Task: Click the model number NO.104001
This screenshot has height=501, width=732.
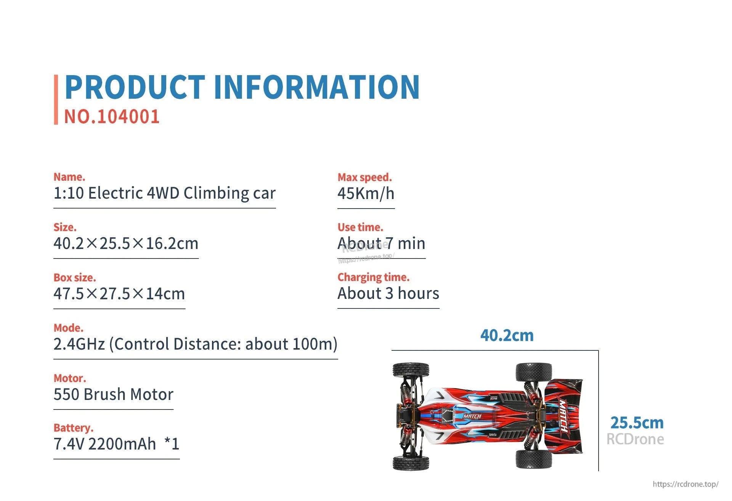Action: tap(112, 117)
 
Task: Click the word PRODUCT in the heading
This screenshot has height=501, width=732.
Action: tap(135, 87)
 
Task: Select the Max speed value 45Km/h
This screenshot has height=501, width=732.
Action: tap(366, 194)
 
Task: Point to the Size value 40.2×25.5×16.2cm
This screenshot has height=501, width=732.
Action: tap(126, 244)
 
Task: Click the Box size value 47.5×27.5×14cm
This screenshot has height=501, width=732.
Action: tap(119, 294)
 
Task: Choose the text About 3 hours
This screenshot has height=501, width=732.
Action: tap(388, 294)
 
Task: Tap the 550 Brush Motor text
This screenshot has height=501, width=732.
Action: tap(113, 395)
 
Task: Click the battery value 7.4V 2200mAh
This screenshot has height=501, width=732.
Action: tap(105, 444)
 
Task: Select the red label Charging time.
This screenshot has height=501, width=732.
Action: tap(373, 277)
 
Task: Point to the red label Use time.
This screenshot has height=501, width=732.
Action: tap(360, 227)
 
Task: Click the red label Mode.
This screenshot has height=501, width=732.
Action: tap(68, 328)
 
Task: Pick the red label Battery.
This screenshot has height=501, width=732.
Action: tap(73, 428)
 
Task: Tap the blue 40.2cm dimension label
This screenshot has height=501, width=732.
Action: tap(507, 336)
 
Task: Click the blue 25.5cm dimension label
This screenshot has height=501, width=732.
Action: tap(637, 423)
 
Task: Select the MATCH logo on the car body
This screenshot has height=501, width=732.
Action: tap(472, 416)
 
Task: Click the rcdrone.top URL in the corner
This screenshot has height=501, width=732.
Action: tap(685, 484)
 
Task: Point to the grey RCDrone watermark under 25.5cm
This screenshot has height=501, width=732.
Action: tap(635, 439)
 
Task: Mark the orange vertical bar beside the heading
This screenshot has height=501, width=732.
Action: tap(56, 100)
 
